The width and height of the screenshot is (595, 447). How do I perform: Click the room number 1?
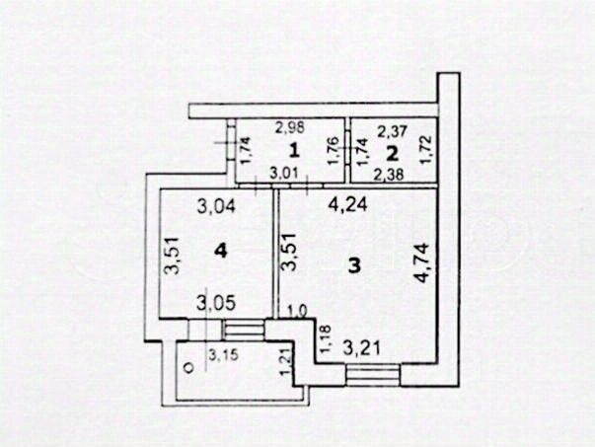pyautogui.click(x=293, y=151)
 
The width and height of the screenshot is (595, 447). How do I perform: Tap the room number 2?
pyautogui.click(x=392, y=153)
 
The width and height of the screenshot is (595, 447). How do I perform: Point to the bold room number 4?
pyautogui.click(x=221, y=253)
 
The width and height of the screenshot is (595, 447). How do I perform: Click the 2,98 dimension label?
pyautogui.click(x=289, y=125)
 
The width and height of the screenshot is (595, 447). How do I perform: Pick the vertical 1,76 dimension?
pyautogui.click(x=333, y=151)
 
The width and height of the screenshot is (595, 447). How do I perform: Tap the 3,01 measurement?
pyautogui.click(x=284, y=175)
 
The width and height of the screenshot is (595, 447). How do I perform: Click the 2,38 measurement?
pyautogui.click(x=391, y=175)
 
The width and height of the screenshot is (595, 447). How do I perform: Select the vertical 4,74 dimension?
pyautogui.click(x=423, y=263)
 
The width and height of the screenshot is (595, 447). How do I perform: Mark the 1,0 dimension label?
pyautogui.click(x=295, y=312)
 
